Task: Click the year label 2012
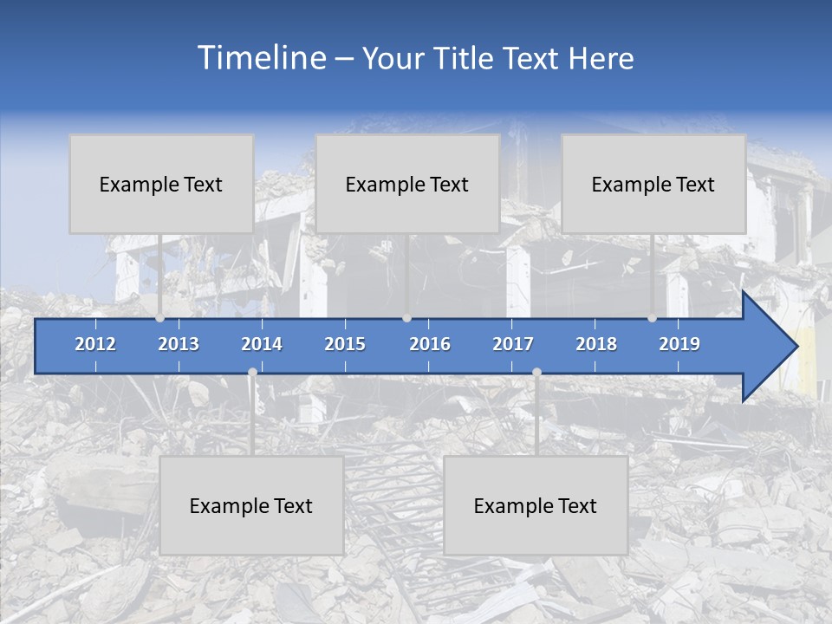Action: point(95,344)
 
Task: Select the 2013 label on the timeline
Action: point(179,344)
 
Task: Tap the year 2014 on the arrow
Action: point(262,344)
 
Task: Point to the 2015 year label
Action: point(345,344)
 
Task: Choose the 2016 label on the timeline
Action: point(430,344)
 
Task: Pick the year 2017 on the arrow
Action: point(513,344)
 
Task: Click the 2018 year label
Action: point(596,344)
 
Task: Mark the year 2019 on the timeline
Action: point(679,344)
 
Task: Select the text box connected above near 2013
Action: point(161,184)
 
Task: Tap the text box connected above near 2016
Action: point(407,184)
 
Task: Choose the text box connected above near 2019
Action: point(653,184)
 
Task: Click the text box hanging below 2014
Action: point(251,505)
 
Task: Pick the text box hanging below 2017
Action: point(536,505)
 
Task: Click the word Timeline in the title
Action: point(261,58)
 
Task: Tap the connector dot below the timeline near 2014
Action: point(252,372)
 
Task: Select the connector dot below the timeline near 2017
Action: point(536,372)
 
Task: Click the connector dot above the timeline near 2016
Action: point(406,318)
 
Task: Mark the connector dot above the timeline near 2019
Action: point(652,318)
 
